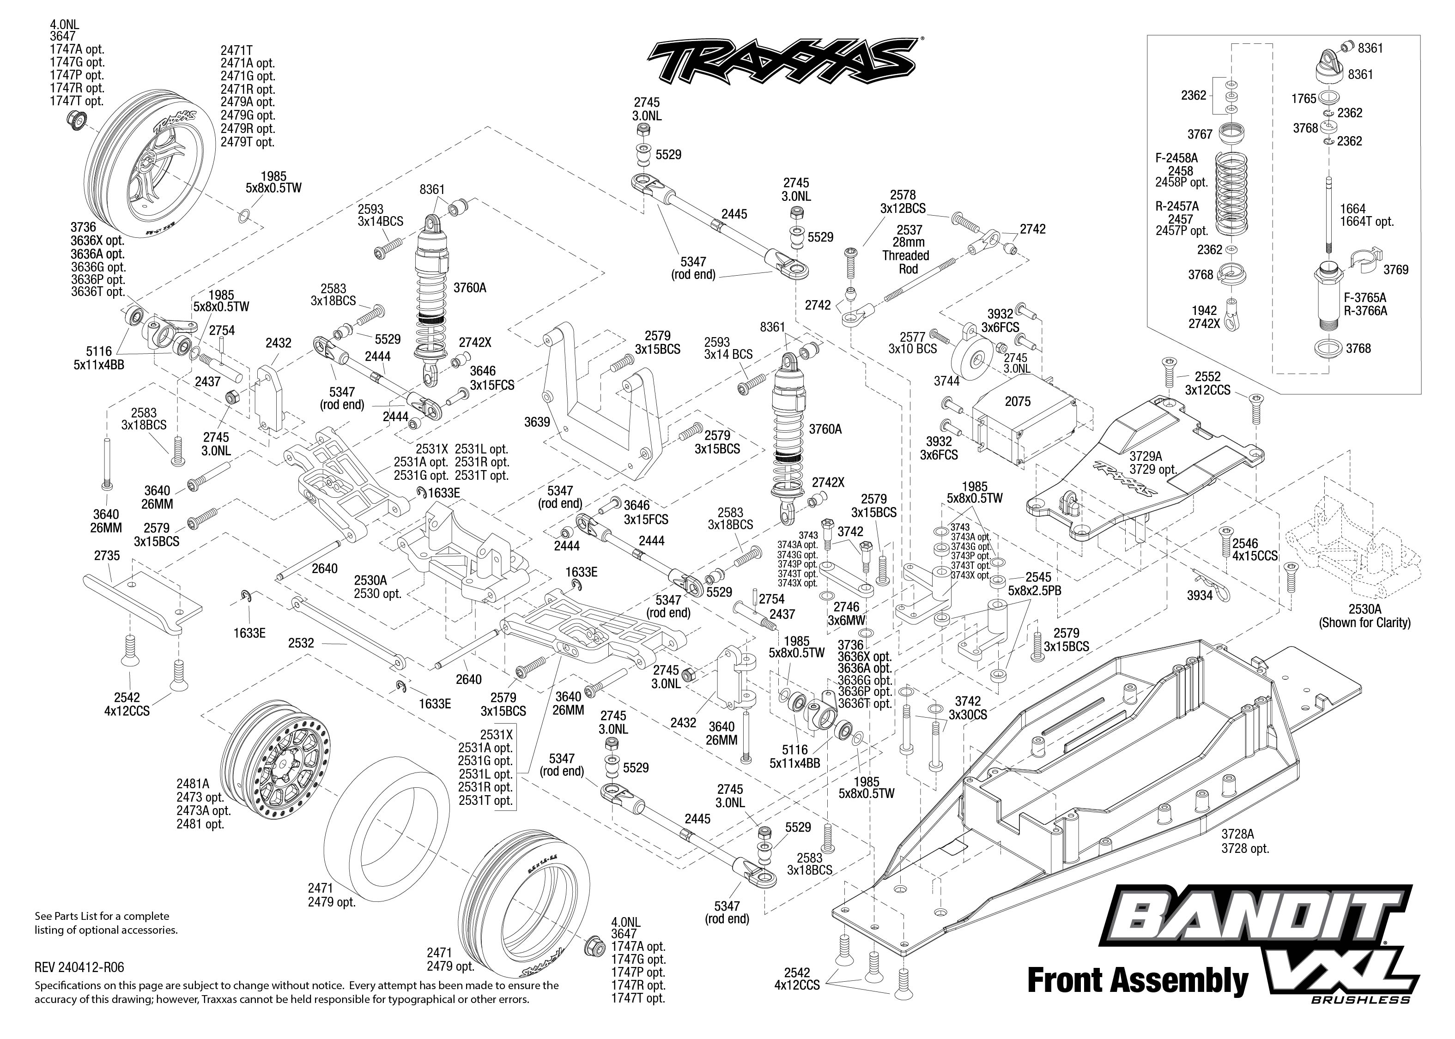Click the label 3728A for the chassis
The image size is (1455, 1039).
(1237, 834)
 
